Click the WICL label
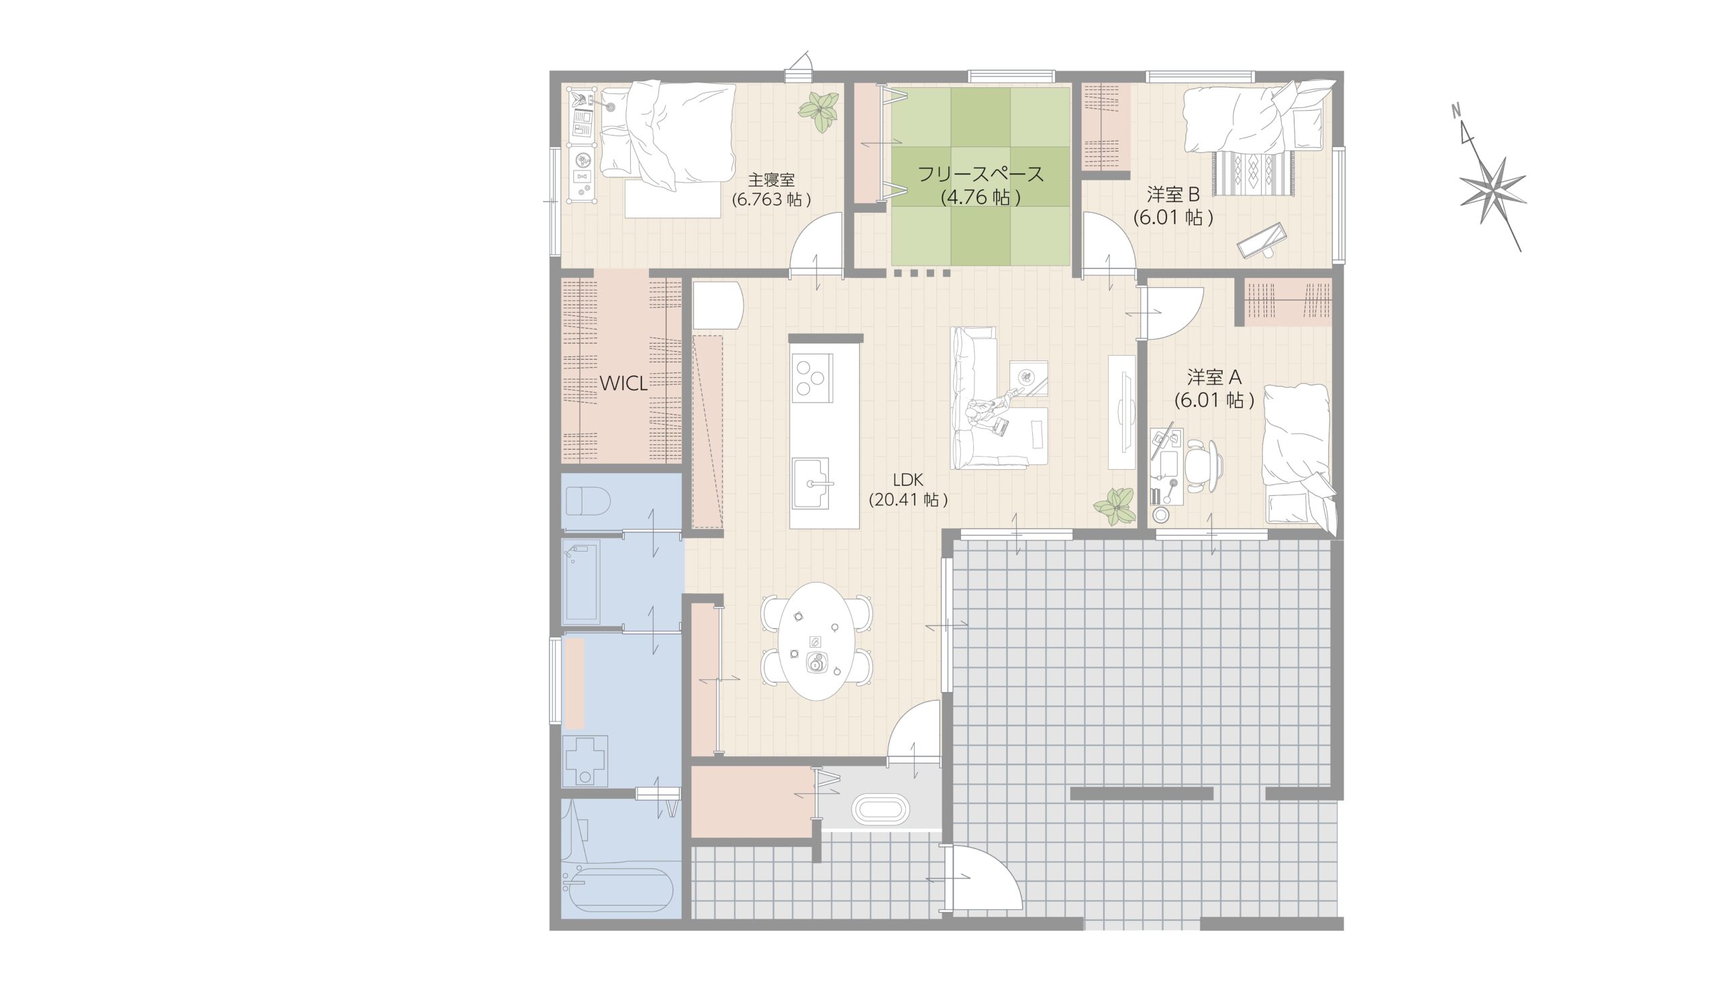(623, 384)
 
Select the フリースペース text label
(980, 174)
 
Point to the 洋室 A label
(1214, 377)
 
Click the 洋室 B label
(1172, 195)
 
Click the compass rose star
(1493, 190)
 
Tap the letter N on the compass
(1454, 128)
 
